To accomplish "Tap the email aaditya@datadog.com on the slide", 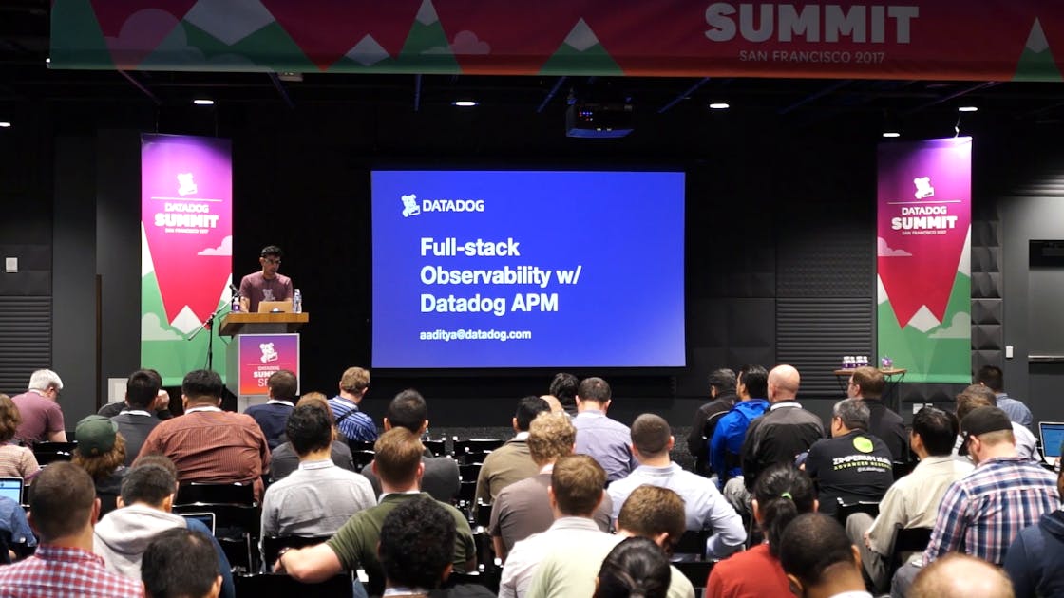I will coord(475,334).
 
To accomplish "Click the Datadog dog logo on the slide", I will coord(409,205).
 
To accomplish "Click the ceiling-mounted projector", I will coord(598,119).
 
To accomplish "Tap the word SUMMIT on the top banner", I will coord(811,24).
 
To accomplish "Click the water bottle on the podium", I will coord(296,301).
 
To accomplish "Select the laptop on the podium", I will coord(274,307).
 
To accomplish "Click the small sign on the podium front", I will coord(268,362).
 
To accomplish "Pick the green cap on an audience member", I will coord(96,434).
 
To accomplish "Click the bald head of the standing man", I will coord(784,383).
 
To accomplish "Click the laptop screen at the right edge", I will coord(1052,440).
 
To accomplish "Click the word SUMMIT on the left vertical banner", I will coord(186,219).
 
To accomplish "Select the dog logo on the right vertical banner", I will coord(923,187).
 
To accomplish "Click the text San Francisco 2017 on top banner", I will coord(811,56).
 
